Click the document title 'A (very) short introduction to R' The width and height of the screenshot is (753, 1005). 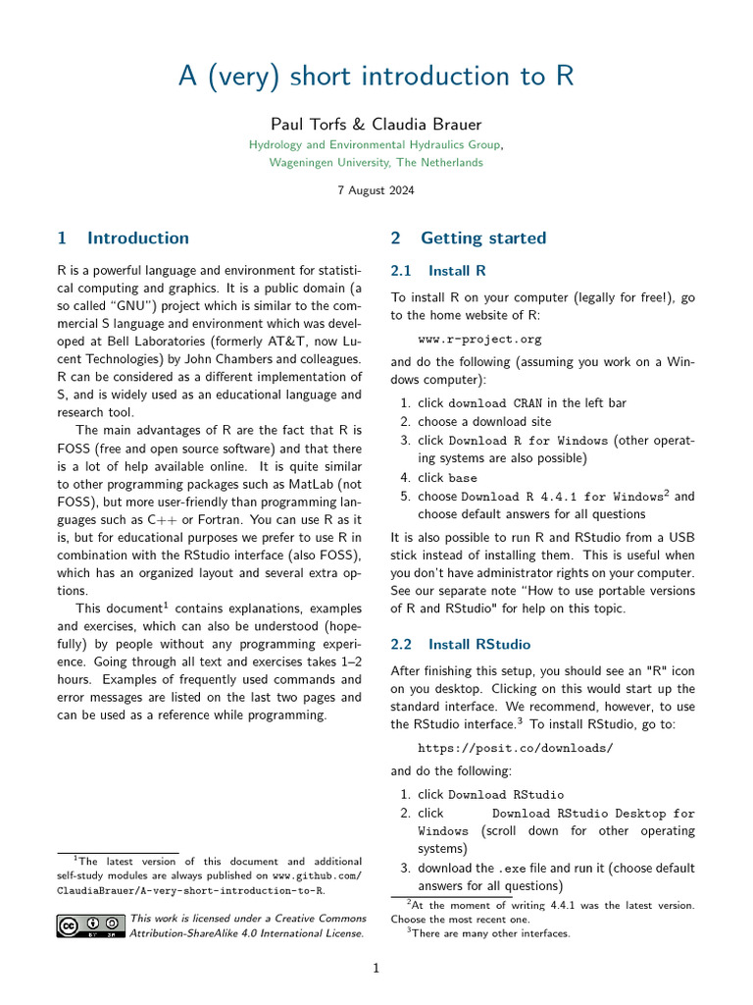pos(376,77)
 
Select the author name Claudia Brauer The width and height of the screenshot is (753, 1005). pos(430,124)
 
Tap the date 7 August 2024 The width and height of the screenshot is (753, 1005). pos(376,190)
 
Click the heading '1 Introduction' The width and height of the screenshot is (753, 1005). pos(123,238)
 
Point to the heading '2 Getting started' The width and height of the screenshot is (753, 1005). pos(468,238)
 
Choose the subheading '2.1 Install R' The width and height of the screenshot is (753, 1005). pos(438,270)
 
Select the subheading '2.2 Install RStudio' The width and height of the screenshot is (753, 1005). pos(460,644)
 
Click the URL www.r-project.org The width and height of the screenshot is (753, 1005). pos(479,340)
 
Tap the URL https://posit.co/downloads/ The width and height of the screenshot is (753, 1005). pos(515,748)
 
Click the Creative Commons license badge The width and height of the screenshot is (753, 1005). pos(91,926)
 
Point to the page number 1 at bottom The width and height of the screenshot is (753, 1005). pos(376,969)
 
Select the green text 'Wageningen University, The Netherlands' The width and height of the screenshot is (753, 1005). pos(376,162)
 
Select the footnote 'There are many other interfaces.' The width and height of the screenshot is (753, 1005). pos(490,933)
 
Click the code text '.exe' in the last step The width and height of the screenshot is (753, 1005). pos(513,869)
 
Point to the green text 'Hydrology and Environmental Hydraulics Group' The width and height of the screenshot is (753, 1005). pos(376,144)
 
